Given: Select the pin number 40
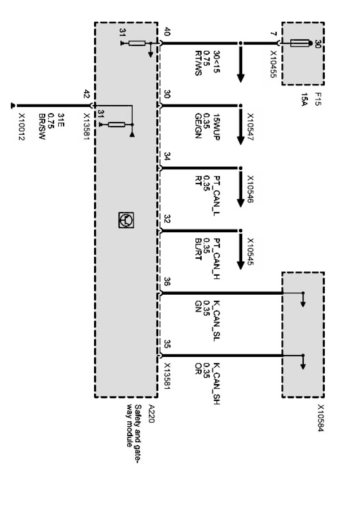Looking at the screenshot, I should [167, 32].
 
